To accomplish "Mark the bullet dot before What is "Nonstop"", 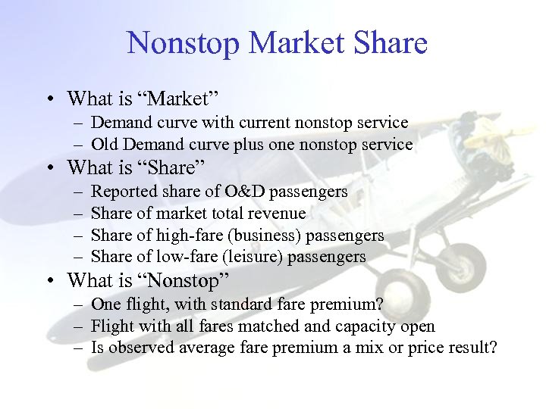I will (49, 281).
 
